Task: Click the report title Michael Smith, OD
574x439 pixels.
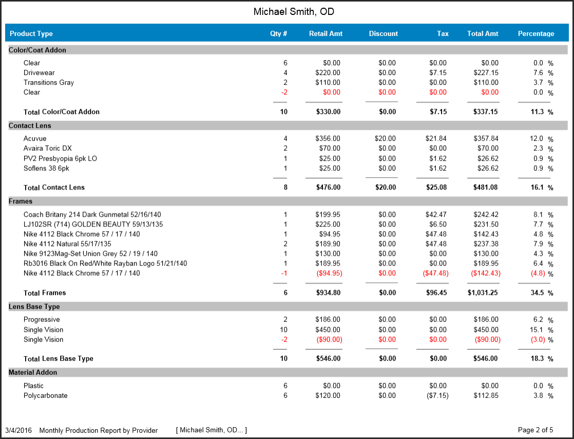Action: [294, 12]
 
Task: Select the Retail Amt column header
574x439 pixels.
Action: [326, 34]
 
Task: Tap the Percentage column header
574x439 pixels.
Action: [536, 34]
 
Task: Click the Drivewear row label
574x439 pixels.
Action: [39, 73]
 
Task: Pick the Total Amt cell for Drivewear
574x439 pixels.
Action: [486, 73]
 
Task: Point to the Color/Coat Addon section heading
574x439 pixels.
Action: [37, 50]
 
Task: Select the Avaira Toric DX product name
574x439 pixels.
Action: [48, 148]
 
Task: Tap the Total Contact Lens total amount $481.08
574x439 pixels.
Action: [485, 187]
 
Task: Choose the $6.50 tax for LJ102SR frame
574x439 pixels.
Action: [438, 224]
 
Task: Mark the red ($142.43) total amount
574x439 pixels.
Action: [485, 274]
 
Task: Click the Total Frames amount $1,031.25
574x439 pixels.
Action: [483, 293]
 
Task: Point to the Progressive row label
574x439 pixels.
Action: [42, 320]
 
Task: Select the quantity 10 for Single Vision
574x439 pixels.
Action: [283, 330]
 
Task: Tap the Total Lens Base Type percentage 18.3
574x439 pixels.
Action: [537, 358]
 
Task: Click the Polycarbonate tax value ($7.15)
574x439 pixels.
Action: [437, 396]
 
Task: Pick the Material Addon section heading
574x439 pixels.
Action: [33, 373]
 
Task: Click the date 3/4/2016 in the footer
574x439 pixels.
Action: [18, 431]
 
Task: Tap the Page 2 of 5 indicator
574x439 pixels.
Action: [535, 430]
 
